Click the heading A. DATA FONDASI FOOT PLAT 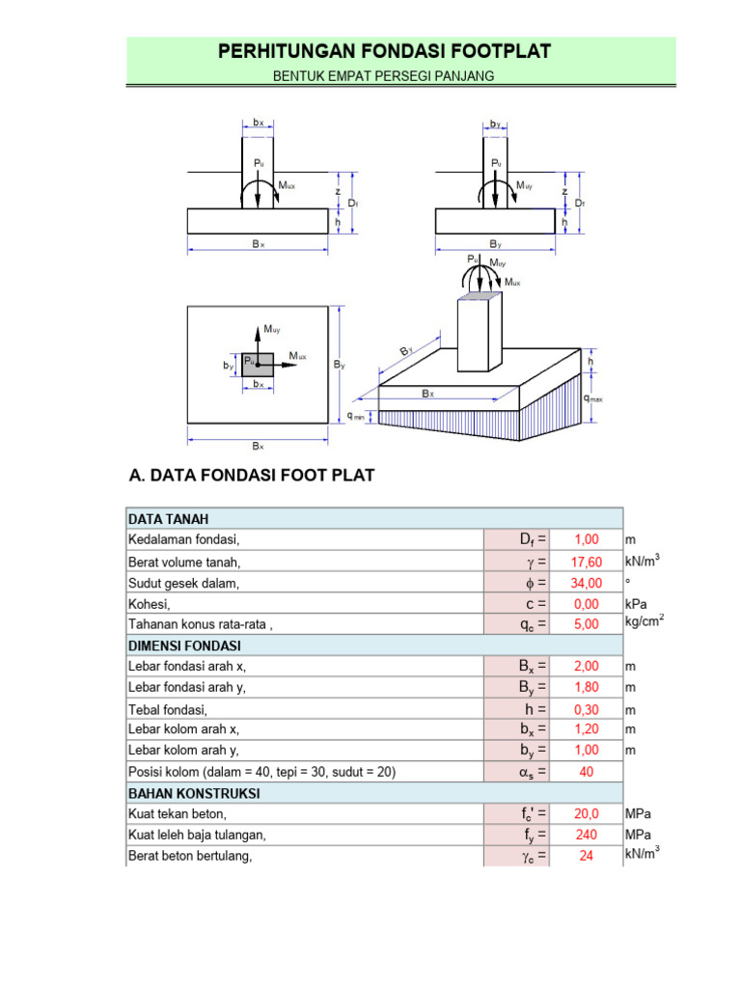pos(251,476)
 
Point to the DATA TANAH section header pos(168,519)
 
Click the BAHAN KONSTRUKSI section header pos(194,793)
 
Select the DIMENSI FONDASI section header pos(184,645)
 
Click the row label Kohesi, pos(151,603)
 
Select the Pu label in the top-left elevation pos(259,163)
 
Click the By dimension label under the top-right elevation pos(496,245)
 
